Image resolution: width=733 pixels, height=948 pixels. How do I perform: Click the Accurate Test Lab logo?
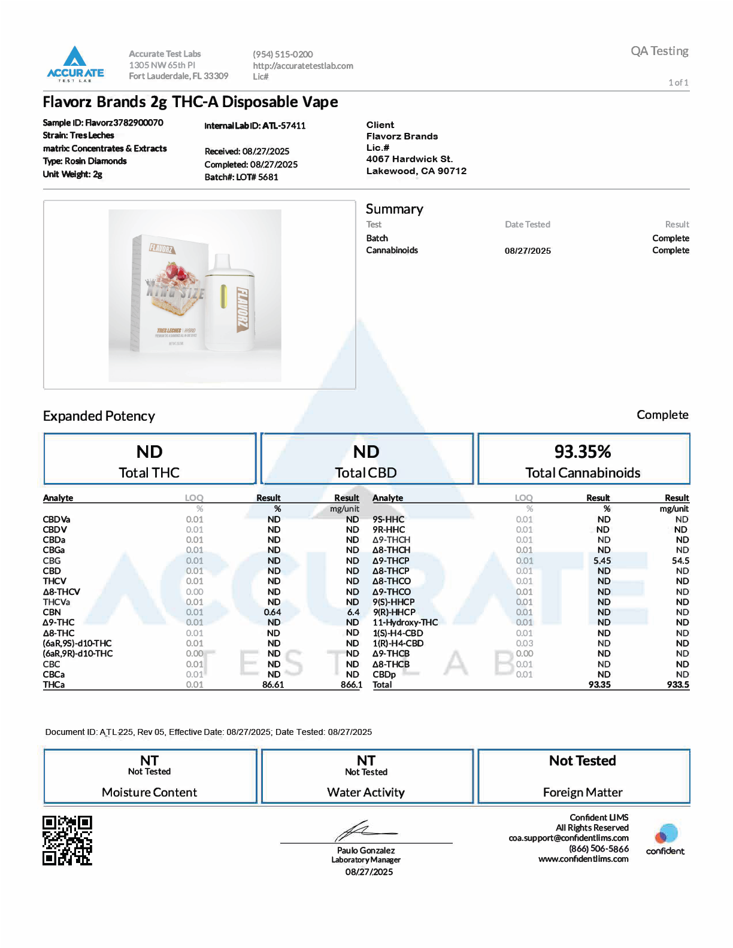[75, 63]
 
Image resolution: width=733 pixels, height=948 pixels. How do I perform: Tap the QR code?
[67, 840]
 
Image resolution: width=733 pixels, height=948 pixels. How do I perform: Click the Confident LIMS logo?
[665, 839]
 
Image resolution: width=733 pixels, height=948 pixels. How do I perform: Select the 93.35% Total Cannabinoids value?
[583, 452]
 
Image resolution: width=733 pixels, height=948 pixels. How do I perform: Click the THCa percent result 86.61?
[273, 685]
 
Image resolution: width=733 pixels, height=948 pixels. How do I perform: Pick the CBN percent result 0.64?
[272, 612]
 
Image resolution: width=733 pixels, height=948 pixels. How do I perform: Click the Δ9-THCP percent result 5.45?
[602, 561]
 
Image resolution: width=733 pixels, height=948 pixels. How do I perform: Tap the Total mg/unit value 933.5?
[678, 685]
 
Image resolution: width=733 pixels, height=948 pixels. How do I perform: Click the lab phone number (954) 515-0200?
[283, 54]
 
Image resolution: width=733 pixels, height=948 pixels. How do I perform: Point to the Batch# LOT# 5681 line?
[241, 177]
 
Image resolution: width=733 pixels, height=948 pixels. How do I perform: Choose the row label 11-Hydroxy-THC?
[405, 622]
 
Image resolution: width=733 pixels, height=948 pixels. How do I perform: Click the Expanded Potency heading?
[99, 416]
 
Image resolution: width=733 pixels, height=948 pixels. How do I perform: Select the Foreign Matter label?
[583, 792]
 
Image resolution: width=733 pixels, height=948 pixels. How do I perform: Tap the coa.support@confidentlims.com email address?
[568, 838]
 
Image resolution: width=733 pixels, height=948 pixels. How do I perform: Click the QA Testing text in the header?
[659, 51]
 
